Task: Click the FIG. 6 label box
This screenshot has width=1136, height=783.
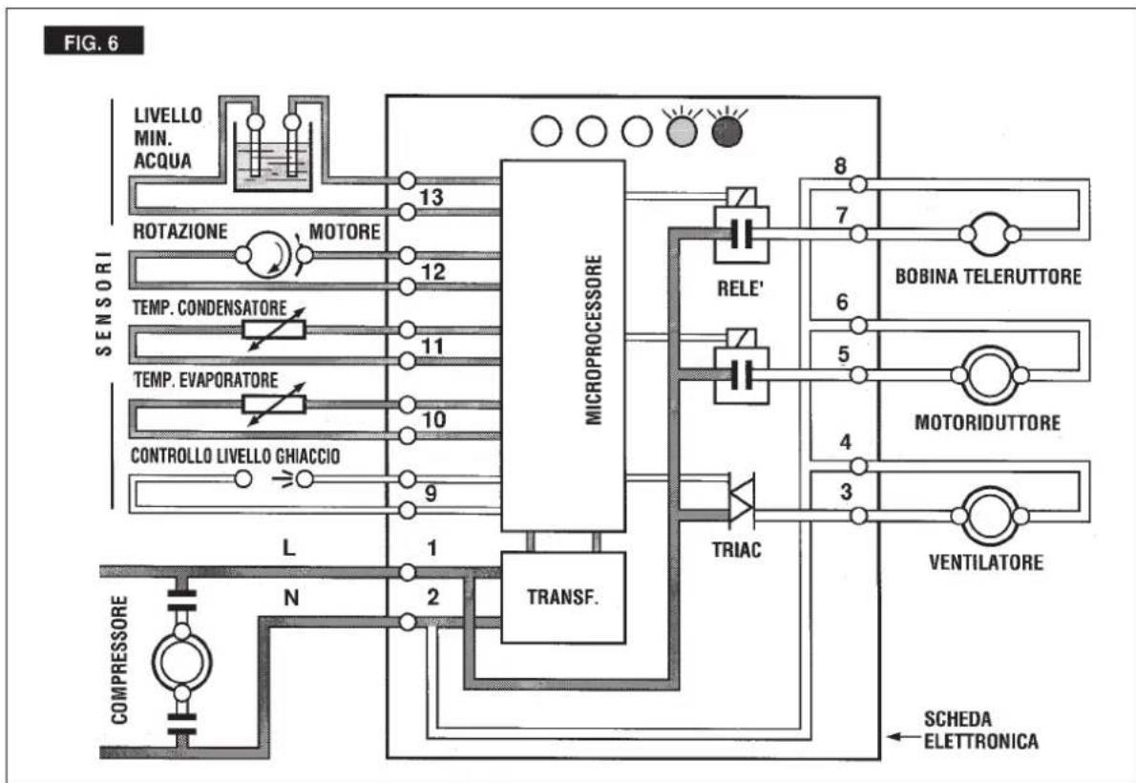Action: (95, 41)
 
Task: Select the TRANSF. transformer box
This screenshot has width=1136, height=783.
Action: (563, 598)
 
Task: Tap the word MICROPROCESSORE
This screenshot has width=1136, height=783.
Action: (594, 339)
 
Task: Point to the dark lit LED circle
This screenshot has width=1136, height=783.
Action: (727, 131)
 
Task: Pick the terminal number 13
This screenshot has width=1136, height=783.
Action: (431, 198)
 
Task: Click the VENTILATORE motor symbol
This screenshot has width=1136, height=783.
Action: (990, 516)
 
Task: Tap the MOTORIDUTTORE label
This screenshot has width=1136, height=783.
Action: (987, 423)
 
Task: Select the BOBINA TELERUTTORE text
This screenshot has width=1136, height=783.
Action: (988, 276)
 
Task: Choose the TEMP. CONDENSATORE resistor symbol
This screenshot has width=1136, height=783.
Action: (274, 329)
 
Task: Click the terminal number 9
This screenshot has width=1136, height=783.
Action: (431, 494)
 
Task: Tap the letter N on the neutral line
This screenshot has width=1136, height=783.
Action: (291, 598)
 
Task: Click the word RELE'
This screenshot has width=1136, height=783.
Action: (741, 288)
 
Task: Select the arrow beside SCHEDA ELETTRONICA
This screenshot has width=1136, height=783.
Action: (903, 736)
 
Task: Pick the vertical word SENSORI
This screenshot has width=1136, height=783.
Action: (105, 304)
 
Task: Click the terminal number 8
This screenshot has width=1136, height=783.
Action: (840, 166)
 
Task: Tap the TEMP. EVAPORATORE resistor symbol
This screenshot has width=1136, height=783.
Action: (274, 404)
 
